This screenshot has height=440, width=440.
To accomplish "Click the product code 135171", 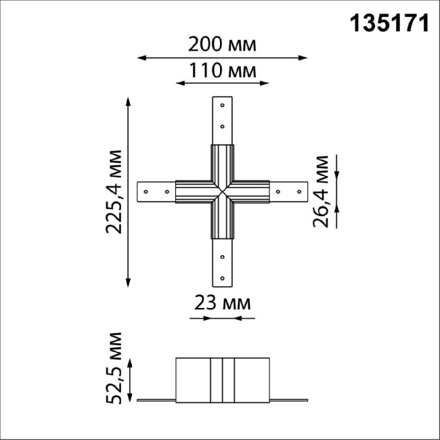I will point(389,24).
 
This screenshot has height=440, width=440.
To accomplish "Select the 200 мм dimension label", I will point(223,45).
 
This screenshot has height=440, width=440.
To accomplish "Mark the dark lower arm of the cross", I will point(223,221).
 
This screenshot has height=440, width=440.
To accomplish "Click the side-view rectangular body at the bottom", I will point(223,379).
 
